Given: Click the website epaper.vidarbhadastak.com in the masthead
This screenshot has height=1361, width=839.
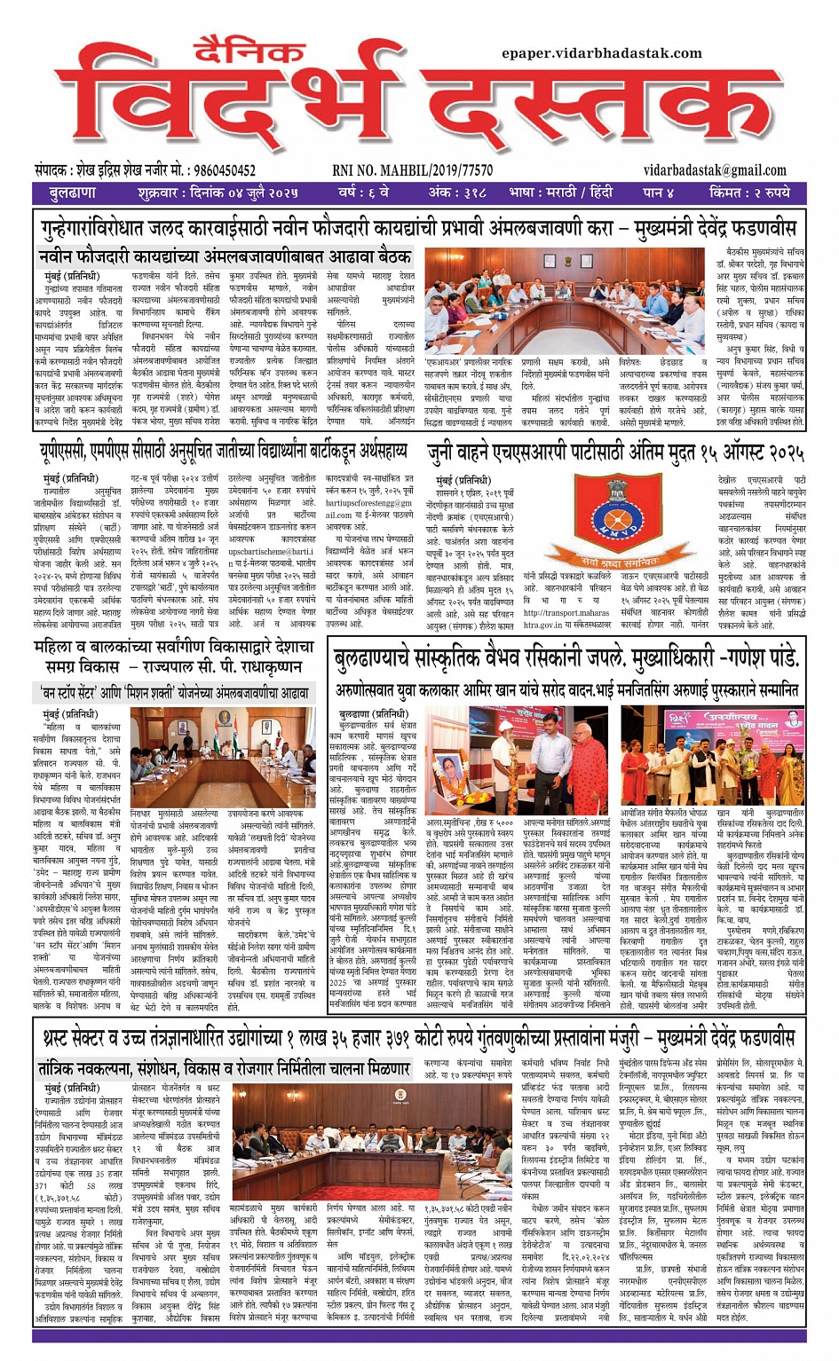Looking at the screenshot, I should coord(602,53).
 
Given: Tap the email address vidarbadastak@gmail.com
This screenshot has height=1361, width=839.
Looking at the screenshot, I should coord(715,170).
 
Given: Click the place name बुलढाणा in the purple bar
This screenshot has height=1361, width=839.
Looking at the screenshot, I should coord(73,193).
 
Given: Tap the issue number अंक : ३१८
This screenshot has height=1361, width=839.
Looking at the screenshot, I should coord(457,193).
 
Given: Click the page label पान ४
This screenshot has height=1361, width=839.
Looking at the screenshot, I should coord(659,193).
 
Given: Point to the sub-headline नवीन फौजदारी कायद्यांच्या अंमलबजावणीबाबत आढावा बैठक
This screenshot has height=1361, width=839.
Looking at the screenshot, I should coord(224,257).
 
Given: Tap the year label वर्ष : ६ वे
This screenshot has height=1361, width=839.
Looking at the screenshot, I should coord(363,193).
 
